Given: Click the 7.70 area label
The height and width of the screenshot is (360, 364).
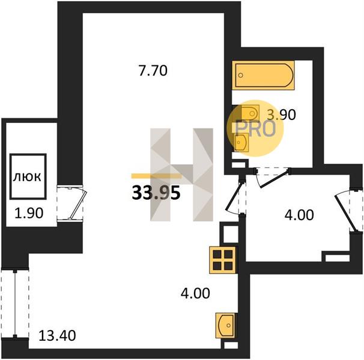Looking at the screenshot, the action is point(153,71).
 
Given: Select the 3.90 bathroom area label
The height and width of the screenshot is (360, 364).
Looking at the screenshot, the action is point(281,115).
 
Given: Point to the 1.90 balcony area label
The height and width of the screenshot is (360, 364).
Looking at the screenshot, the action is point(29,213).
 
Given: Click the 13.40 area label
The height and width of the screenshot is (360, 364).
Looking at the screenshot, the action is point(57,335).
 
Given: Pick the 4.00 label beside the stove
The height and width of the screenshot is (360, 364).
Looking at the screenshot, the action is point(195,293).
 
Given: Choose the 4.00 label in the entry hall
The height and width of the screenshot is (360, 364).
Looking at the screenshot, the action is point(299,215).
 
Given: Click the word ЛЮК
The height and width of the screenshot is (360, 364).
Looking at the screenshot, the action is point(27,177).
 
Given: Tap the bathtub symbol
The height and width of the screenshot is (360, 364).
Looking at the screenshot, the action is point(263,75).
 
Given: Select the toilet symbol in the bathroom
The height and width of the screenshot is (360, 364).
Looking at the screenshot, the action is point(250,113).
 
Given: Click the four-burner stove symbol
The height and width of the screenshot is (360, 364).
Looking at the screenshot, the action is point(223,260).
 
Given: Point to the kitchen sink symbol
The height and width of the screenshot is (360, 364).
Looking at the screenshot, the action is point(225,325).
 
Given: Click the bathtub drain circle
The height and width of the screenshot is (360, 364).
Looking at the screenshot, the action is point(241,75).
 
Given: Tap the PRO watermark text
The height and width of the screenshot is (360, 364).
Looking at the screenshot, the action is point(256,129).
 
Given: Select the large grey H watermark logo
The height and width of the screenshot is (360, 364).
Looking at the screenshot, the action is point(181,175).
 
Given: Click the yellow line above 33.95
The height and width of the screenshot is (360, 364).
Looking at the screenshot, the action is point(156,176).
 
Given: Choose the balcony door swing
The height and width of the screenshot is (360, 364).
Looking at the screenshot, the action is point(77,203).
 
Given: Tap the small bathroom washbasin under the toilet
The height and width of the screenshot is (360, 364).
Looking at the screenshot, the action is point(241,142).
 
